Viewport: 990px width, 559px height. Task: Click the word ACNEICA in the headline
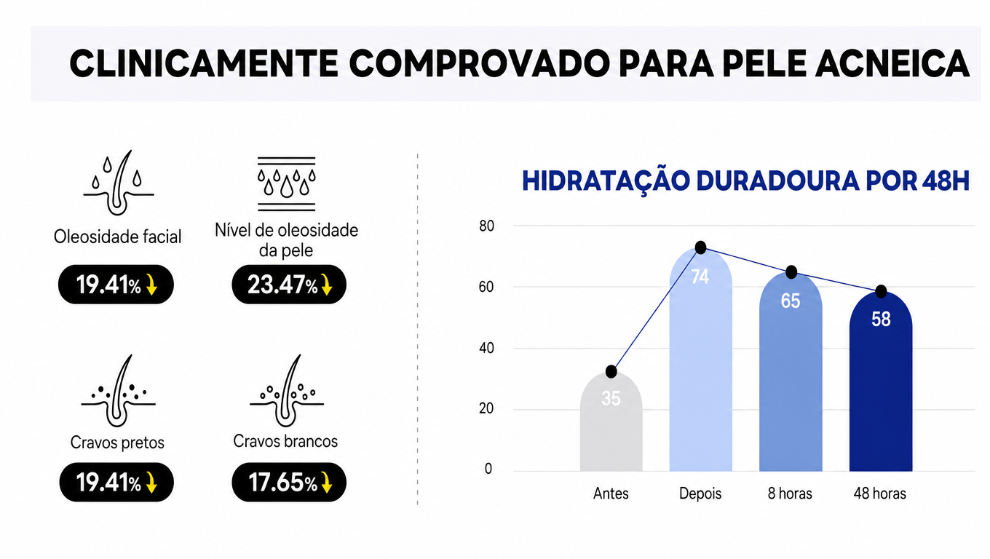point(892,63)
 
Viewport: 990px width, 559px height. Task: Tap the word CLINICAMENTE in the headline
point(204,63)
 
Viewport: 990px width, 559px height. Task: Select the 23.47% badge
point(289,284)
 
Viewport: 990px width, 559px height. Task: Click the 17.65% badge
point(289,482)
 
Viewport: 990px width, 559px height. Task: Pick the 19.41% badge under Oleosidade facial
point(116,284)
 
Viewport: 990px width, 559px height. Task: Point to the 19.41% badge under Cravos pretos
point(116,482)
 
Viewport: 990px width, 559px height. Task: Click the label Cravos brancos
point(285,441)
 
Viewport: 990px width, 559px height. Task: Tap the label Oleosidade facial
point(118,237)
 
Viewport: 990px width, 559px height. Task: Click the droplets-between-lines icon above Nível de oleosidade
point(286,184)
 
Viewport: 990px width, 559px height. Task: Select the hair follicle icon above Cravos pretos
point(118,391)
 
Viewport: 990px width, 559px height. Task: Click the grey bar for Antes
point(611,421)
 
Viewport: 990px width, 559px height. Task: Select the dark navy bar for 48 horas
point(881,381)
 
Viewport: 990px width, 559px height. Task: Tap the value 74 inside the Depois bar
point(700,277)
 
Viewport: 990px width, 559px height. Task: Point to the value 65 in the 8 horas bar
point(791,301)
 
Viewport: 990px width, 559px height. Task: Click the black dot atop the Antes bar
point(611,372)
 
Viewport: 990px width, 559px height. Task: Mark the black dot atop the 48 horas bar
point(881,291)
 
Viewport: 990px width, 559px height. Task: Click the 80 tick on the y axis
point(486,226)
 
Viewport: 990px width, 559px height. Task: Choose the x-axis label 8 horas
point(790,493)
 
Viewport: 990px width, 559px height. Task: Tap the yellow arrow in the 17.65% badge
point(327,482)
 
